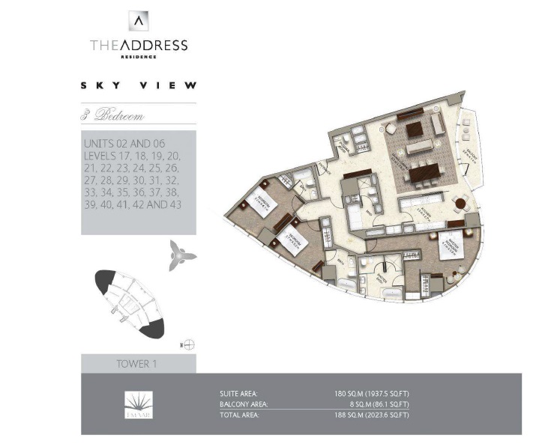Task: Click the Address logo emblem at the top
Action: (x=139, y=21)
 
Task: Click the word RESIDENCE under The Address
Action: (x=139, y=56)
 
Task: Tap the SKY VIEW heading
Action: (x=139, y=85)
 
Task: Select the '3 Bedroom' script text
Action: (x=113, y=116)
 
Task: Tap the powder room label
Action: (x=324, y=166)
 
